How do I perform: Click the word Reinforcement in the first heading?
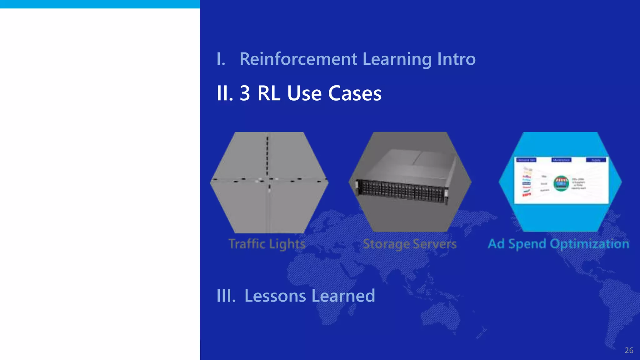[298, 59]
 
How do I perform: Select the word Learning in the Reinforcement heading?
[397, 60]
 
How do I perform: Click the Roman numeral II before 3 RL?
[224, 93]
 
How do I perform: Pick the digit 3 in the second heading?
[245, 93]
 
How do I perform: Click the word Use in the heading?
[304, 93]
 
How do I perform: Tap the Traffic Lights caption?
[267, 244]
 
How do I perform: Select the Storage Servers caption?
[410, 244]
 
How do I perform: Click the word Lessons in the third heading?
[275, 296]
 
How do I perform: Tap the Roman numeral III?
[226, 296]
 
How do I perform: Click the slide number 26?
[629, 350]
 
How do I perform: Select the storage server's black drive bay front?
[402, 191]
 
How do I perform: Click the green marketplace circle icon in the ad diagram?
[561, 183]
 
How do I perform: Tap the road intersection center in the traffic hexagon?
[268, 180]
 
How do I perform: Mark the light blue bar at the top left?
[100, 4]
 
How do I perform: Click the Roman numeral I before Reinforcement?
[221, 59]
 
